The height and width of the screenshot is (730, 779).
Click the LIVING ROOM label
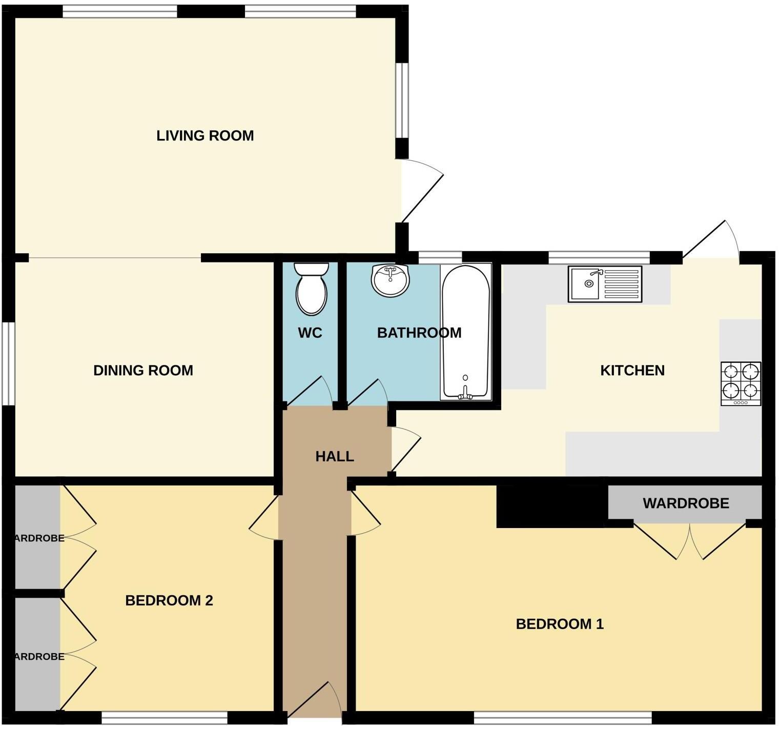tap(205, 136)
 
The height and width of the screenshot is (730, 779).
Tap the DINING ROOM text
tap(143, 370)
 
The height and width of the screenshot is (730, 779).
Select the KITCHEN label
tap(632, 370)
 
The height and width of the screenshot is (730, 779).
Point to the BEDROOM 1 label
tap(560, 624)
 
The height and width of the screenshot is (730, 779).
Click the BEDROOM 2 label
tap(169, 600)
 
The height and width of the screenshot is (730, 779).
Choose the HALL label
tap(334, 456)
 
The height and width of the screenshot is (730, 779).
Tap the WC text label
tap(310, 333)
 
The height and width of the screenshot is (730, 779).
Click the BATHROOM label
tap(419, 333)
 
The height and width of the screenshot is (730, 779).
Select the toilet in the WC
tap(311, 288)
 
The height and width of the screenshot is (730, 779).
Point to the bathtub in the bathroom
tap(465, 332)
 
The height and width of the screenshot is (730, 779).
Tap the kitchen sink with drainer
tap(605, 283)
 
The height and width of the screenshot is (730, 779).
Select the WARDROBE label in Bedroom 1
tap(686, 503)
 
